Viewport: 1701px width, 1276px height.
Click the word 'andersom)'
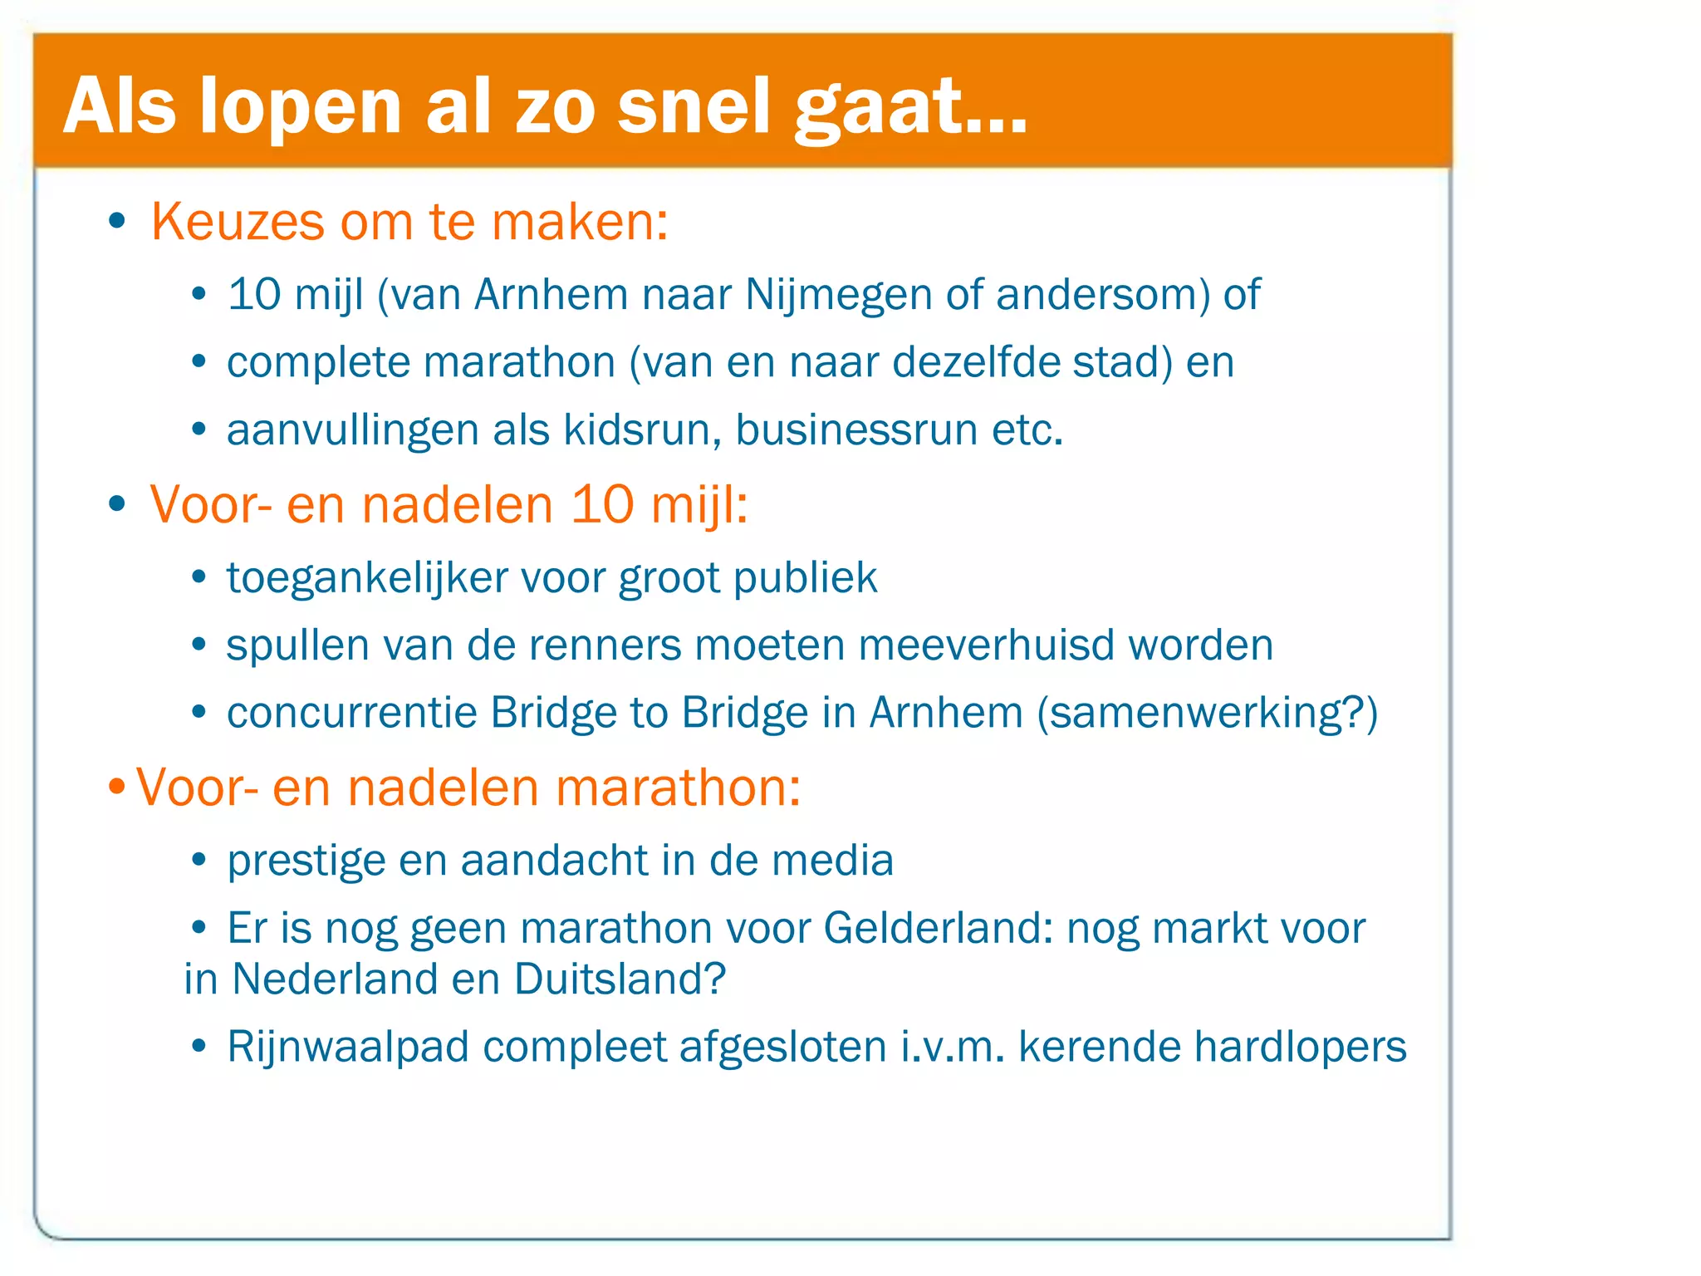[1103, 295]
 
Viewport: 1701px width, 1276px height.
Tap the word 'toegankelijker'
[366, 578]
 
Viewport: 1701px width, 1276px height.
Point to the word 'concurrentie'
[351, 713]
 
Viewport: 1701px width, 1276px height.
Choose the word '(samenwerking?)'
[1208, 713]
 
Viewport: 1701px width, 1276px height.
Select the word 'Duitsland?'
[620, 979]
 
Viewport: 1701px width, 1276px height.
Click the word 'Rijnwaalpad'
[348, 1047]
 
